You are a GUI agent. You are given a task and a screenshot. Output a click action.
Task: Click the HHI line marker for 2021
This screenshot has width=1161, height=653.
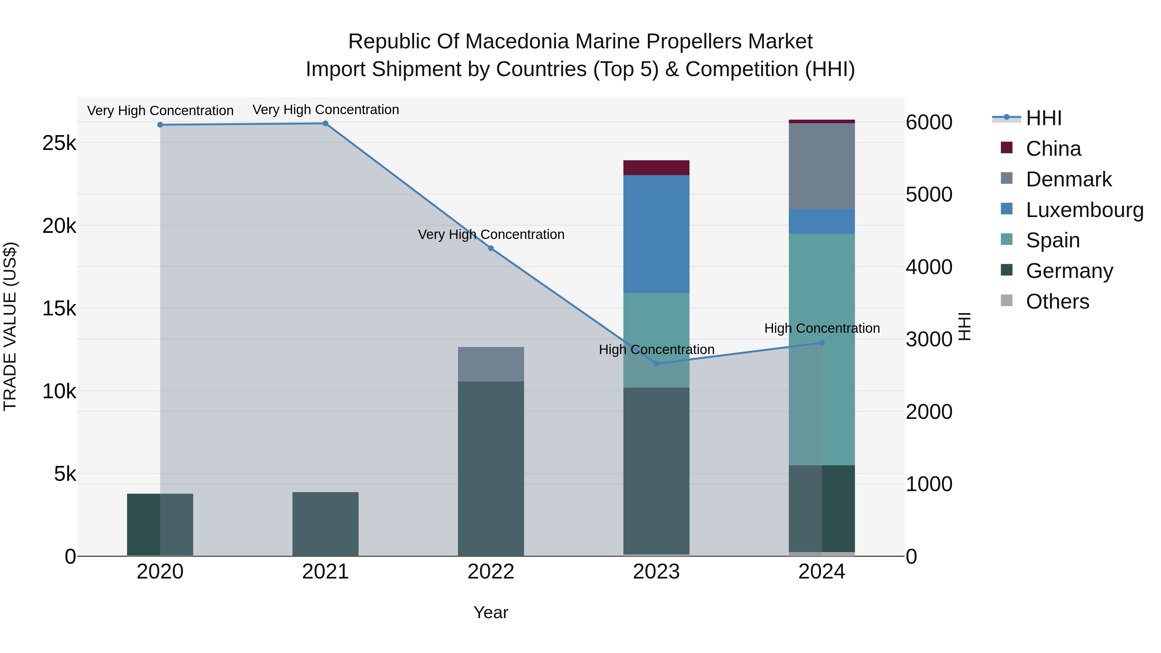325,124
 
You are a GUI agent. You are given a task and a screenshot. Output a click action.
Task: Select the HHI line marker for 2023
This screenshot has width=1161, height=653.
656,364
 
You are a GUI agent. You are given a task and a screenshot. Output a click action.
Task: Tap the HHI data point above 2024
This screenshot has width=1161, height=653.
822,343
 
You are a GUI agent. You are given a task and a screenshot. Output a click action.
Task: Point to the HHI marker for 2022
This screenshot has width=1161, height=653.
491,248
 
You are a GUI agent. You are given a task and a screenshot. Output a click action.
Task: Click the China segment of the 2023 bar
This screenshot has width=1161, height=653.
656,168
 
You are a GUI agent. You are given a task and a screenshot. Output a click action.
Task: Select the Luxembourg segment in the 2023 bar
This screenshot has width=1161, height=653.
656,234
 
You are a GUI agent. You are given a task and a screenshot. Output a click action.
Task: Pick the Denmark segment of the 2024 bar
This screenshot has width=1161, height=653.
822,166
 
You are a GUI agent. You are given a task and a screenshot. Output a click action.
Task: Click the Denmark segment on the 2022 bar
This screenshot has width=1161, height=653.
491,364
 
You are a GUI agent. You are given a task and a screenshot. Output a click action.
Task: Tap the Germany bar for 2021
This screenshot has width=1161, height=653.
325,524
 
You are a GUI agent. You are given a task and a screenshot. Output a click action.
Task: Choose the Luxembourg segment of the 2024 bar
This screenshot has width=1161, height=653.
822,221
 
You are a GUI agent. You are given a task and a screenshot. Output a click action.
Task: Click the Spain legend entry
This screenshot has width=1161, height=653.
1053,240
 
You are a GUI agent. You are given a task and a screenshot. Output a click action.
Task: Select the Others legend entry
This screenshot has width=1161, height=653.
1057,302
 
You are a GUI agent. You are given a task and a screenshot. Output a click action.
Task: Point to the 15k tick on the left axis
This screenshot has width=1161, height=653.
59,309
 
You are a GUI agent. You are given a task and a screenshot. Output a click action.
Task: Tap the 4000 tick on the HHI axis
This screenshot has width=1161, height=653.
929,267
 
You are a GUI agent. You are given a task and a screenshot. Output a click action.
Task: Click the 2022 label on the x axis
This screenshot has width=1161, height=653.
491,572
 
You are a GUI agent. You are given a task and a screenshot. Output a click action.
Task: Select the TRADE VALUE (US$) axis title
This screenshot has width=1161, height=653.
10,326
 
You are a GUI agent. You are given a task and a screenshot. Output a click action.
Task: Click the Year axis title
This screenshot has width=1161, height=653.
491,612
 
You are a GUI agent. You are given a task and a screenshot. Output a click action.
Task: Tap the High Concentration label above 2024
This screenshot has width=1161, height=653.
822,329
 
